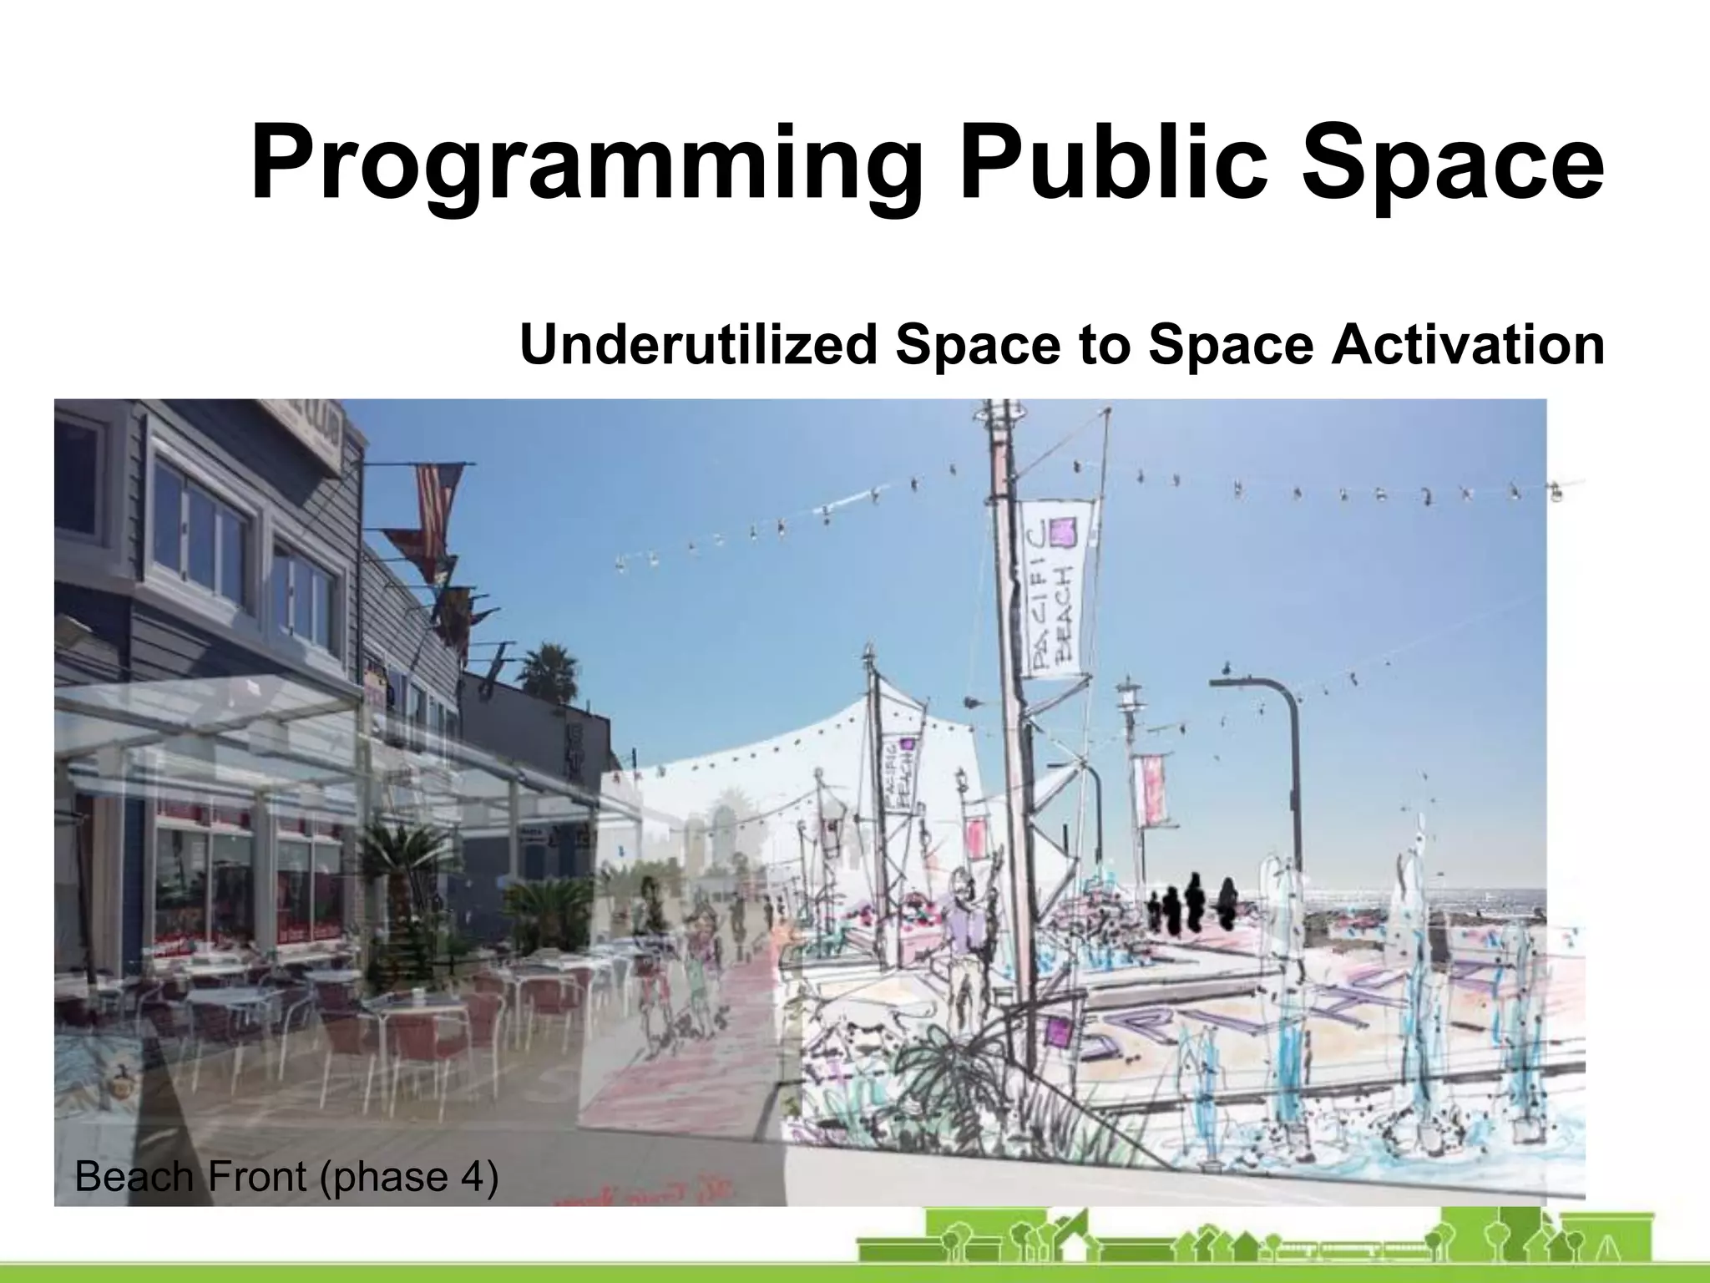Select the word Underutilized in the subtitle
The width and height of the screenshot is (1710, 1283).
698,344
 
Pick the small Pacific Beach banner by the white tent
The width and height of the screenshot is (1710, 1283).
900,773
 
